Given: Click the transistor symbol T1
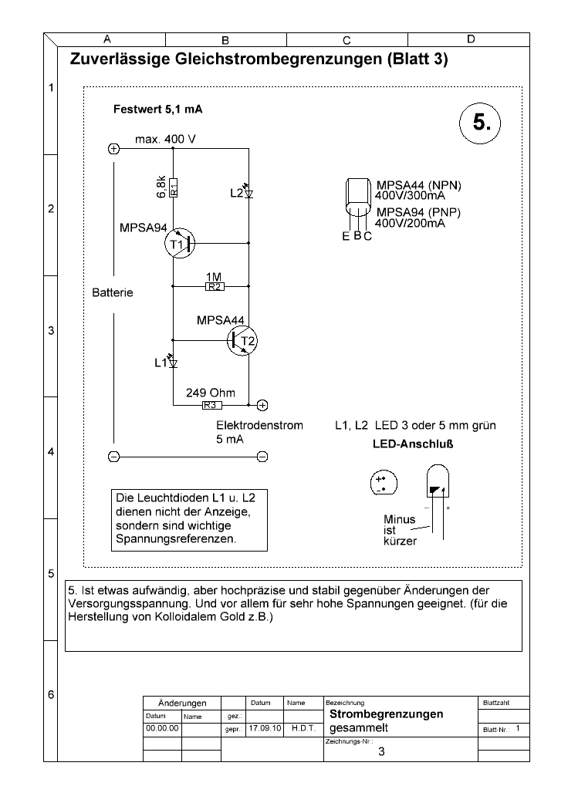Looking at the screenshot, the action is coord(180,243).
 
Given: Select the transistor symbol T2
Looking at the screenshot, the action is coord(242,340).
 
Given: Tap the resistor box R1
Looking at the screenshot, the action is coord(173,187).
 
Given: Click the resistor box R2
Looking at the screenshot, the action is coord(215,287).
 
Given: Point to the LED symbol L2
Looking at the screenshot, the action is coord(248,191).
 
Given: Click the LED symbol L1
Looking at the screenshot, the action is coord(173,362).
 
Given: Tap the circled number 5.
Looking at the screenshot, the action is coord(480,123).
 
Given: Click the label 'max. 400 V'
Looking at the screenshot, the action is coord(165,140).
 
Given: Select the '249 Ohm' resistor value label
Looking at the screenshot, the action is coord(211,393).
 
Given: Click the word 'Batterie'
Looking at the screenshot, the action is coord(113,292).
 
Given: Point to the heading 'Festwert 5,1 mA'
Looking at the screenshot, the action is coord(157,109).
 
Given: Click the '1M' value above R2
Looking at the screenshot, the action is coord(214,277).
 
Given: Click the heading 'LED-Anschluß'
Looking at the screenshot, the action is coord(413,444).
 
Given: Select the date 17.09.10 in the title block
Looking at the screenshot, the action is coord(265,728).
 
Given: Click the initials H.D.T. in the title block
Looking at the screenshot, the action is coord(303,728).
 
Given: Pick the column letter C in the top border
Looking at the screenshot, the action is coord(347,40).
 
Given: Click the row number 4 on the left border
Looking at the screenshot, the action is coord(51,452).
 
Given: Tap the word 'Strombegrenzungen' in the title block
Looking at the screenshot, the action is coord(386,714).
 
